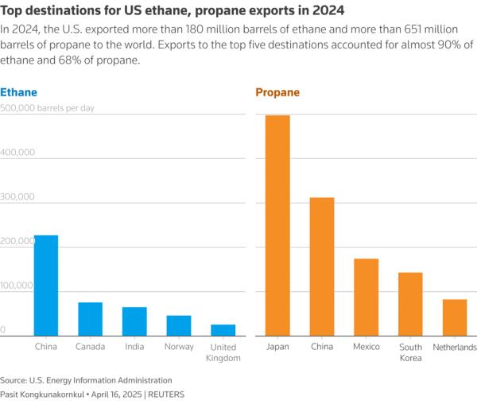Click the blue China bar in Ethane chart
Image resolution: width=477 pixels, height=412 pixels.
45,286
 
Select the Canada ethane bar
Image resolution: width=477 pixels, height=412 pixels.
90,319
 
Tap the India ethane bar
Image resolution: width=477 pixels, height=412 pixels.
134,321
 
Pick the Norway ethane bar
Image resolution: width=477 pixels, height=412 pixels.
179,325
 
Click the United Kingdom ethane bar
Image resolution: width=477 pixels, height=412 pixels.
223,330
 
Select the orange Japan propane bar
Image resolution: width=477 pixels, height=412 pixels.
277,226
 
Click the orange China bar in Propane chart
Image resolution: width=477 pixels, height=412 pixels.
322,266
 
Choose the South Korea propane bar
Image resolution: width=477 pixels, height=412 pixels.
410,304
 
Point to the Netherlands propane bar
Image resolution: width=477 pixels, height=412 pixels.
455,317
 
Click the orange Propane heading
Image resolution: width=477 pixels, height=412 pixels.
277,93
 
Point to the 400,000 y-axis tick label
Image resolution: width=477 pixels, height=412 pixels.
17,152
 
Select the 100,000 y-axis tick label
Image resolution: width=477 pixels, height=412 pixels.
17,286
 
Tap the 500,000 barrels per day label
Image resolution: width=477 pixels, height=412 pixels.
47,107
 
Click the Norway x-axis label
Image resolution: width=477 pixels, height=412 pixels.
179,347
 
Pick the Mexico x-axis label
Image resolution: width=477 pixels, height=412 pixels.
366,347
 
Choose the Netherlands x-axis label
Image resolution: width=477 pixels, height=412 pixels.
455,347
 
